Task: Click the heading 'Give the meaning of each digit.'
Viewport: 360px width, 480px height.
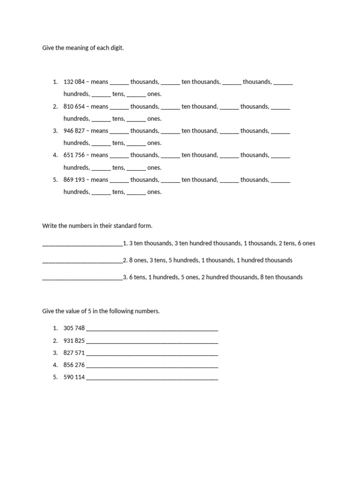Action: coord(83,48)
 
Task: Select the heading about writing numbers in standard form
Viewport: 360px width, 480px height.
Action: coord(97,226)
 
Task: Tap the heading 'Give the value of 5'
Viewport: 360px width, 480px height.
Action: coord(101,311)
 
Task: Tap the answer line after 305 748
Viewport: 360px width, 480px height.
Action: coord(152,330)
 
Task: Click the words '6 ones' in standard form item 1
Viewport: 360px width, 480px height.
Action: coord(307,243)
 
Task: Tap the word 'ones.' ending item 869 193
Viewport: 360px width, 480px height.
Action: coord(154,192)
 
